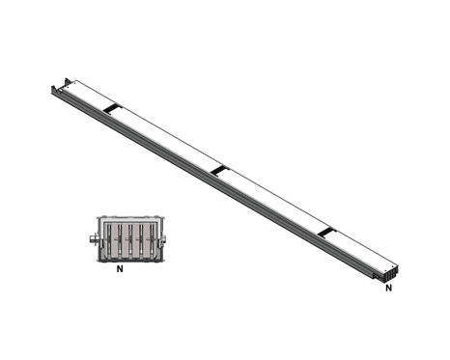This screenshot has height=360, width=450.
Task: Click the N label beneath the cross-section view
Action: tap(120, 268)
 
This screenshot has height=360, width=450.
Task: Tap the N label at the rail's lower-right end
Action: tap(389, 288)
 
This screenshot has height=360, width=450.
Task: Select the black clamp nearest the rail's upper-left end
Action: tap(112, 108)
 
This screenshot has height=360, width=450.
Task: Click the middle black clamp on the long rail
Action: tap(220, 171)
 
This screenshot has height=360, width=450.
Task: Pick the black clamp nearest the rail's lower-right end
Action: tap(326, 233)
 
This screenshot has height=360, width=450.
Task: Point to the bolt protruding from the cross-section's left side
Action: tap(93, 238)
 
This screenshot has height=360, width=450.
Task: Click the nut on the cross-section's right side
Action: tap(164, 238)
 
